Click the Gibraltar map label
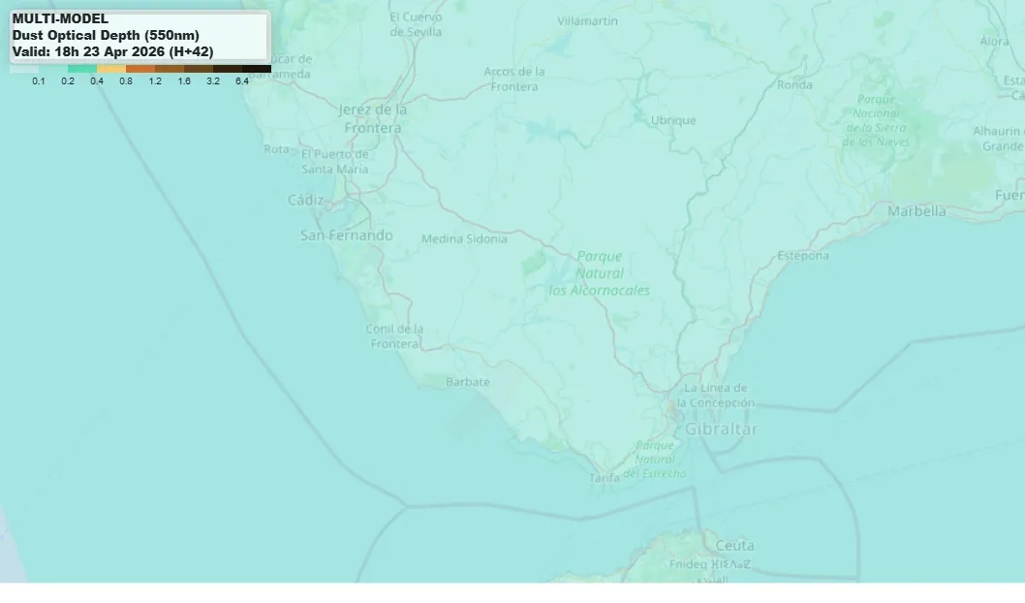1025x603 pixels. pos(721,428)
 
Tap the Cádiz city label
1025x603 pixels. pos(306,200)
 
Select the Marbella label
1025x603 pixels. pos(916,210)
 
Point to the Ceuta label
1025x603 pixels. pos(734,545)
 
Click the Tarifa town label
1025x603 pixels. pos(605,478)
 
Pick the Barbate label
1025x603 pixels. pos(468,382)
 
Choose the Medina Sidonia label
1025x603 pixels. pos(464,238)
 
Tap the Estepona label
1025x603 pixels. pos(803,255)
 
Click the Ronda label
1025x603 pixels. pos(794,84)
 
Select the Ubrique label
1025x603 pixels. pos(673,120)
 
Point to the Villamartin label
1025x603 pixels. pos(588,20)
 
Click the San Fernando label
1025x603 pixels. pos(347,235)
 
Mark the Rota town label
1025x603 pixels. pos(276,149)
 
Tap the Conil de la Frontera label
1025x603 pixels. pos(394,336)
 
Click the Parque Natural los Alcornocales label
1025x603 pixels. pos(600,272)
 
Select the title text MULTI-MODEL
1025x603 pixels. pos(60,18)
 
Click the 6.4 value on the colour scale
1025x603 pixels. pos(241,81)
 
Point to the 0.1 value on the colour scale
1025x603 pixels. pos(39,81)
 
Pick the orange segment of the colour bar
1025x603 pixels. pos(140,69)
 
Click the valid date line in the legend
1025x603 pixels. pos(112,51)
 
